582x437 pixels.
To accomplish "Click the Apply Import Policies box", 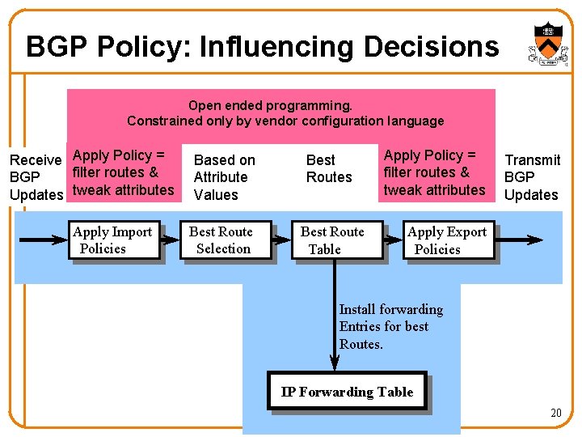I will point(113,240).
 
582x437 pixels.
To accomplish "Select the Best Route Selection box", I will point(223,240).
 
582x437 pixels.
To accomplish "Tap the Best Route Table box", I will point(335,240).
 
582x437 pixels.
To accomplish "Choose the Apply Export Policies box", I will point(447,240).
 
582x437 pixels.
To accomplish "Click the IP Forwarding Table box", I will point(347,392).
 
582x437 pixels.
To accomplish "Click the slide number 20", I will point(555,413).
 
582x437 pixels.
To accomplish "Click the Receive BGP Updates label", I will point(36,177).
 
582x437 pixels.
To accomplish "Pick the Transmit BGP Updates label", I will point(532,177).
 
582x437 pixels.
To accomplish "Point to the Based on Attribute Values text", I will point(223,177).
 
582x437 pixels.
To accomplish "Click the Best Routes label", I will point(329,168).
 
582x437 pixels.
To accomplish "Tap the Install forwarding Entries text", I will point(390,326).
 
